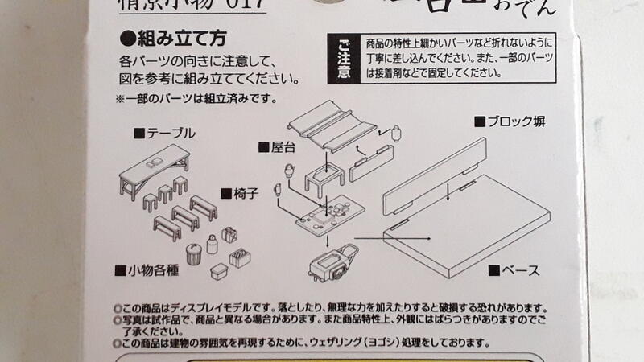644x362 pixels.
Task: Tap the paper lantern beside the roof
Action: click(394, 134)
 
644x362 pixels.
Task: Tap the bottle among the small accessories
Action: click(213, 244)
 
